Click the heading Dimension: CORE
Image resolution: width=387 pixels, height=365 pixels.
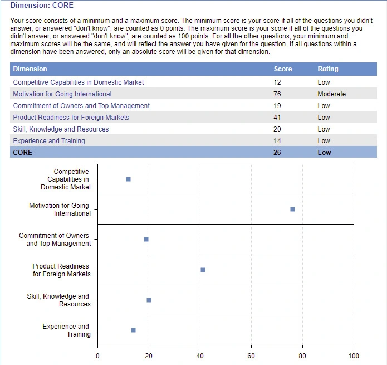[x=42, y=6]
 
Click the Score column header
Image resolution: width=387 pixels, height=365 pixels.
[x=283, y=69]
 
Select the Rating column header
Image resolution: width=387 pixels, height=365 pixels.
[x=328, y=69]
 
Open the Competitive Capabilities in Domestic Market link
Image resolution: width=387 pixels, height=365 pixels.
[x=79, y=82]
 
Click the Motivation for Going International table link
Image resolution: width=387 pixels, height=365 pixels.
[x=62, y=94]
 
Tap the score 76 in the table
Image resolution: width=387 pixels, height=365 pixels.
[x=277, y=94]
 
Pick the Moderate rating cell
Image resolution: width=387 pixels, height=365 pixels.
[x=332, y=94]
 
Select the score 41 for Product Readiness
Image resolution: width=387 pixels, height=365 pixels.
[x=277, y=118]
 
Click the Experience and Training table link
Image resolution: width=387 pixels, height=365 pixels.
[x=49, y=141]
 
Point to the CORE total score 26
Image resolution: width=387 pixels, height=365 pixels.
[x=277, y=153]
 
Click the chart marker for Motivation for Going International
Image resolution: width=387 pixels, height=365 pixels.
[x=292, y=210]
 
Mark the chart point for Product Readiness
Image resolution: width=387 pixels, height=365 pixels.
[x=203, y=270]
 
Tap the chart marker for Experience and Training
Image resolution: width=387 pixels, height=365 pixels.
[x=133, y=330]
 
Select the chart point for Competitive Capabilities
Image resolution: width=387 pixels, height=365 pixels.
[x=128, y=179]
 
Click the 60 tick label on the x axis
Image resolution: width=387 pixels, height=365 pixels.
[x=251, y=356]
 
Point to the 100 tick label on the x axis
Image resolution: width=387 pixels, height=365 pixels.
[x=354, y=356]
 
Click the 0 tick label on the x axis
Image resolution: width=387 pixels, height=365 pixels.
[x=97, y=356]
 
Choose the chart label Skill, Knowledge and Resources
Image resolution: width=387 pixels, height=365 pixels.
[x=58, y=300]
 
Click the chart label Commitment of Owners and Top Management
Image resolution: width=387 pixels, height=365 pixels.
[x=55, y=240]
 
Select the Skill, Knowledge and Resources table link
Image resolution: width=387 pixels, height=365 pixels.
[x=61, y=129]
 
